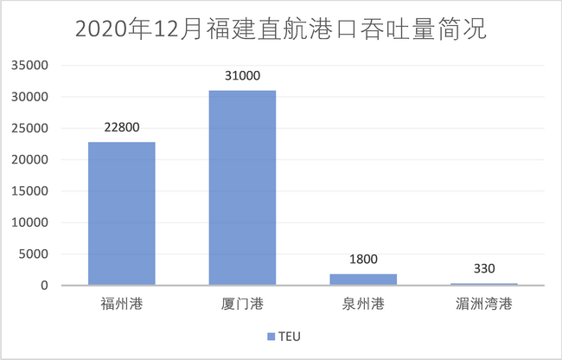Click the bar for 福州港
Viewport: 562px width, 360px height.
(x=121, y=213)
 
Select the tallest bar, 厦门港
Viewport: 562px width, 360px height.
(x=242, y=188)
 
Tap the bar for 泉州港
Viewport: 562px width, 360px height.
(x=363, y=280)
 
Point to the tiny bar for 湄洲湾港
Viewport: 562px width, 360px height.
(x=484, y=284)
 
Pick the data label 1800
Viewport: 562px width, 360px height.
(x=363, y=258)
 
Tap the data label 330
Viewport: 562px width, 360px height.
(x=484, y=268)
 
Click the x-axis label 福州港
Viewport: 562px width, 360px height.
(x=121, y=304)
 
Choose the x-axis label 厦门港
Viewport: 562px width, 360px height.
(x=242, y=304)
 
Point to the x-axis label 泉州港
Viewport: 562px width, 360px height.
(x=363, y=304)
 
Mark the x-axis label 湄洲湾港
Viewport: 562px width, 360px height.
(x=484, y=304)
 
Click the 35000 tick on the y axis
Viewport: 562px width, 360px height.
(x=33, y=66)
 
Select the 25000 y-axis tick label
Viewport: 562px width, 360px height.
(x=33, y=129)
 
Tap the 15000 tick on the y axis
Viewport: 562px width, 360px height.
(x=33, y=191)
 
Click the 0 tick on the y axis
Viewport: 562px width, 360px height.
(x=48, y=286)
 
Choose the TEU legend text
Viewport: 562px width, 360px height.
(x=290, y=336)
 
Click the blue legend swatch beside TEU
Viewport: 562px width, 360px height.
(x=271, y=336)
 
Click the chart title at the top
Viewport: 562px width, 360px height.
(x=280, y=29)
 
